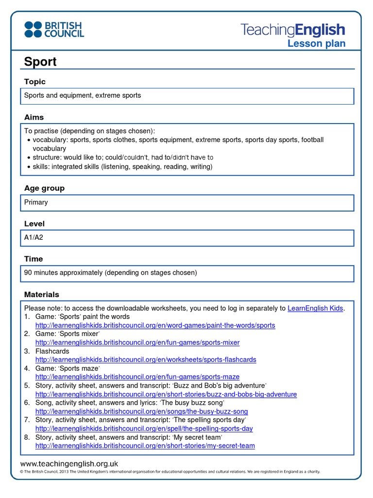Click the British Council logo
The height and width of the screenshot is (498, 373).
pos(54,29)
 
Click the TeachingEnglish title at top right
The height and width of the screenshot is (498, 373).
pos(293,30)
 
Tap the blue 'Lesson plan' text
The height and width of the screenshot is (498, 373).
pos(316,44)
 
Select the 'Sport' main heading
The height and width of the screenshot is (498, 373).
pos(40,62)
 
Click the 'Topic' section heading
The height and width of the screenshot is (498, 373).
pos(35,82)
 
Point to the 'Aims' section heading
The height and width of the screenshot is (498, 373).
pos(34,117)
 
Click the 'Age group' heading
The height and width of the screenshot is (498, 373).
pos(44,188)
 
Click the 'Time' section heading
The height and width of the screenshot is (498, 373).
pos(34,259)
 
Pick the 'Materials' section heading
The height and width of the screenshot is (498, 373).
pos(42,294)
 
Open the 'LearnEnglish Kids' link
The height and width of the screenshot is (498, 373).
pos(315,308)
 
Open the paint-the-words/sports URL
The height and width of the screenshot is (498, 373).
pos(155,325)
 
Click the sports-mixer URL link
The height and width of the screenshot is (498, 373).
pos(137,342)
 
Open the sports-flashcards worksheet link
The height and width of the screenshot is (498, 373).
pos(146,360)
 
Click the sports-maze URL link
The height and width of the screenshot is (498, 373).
pos(137,377)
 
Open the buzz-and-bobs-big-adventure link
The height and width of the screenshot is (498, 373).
pos(166,394)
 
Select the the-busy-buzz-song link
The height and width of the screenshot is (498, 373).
pos(141,411)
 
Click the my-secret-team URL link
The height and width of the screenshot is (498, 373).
pos(145,446)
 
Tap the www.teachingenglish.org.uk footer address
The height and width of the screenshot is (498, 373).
pos(69,464)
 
